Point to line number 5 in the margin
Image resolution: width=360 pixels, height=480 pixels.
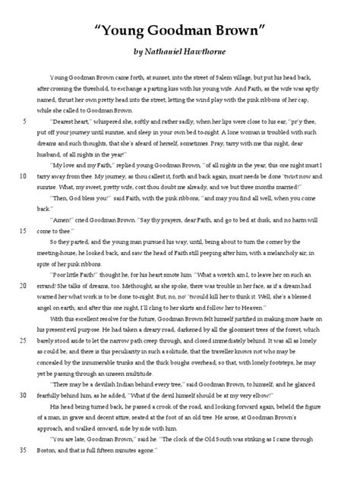(27, 120)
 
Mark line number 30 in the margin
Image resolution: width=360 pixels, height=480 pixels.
(25, 395)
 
